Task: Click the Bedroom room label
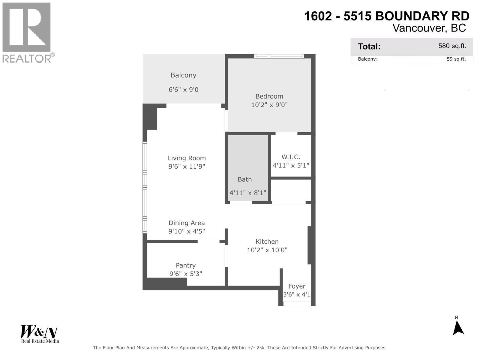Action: click(x=269, y=96)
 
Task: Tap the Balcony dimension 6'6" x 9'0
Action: click(x=183, y=90)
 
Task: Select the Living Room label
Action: click(x=187, y=158)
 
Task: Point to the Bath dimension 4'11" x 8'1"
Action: click(x=248, y=193)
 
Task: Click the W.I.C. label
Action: click(x=291, y=157)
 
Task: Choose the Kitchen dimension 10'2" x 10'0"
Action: click(x=267, y=250)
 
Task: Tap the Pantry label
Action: click(x=186, y=265)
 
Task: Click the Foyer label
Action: click(x=297, y=286)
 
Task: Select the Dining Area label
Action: click(x=187, y=223)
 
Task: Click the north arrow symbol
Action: click(x=458, y=328)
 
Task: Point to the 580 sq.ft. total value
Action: click(x=452, y=46)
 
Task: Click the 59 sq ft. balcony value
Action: click(x=456, y=59)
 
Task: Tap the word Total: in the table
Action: click(x=369, y=46)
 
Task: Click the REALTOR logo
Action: click(x=28, y=32)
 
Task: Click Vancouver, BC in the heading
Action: click(x=429, y=28)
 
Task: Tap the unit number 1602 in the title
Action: click(x=318, y=16)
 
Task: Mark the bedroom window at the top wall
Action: click(x=279, y=56)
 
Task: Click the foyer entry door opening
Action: click(x=297, y=304)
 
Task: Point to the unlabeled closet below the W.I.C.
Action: click(x=291, y=190)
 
